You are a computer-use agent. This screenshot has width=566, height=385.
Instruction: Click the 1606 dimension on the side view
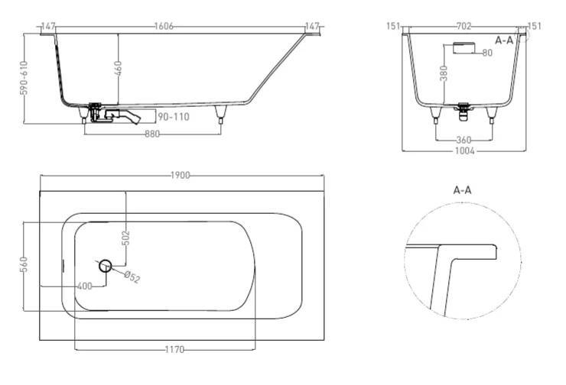164,26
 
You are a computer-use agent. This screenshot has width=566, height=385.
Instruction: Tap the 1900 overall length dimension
180,175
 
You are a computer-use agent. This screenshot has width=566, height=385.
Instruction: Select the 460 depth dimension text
118,69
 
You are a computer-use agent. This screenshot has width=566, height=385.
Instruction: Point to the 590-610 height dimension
24,78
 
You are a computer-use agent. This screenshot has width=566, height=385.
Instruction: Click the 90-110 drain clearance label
174,117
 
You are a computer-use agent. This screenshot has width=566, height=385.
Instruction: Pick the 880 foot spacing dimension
152,134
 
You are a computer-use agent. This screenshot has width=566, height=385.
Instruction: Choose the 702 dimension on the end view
464,26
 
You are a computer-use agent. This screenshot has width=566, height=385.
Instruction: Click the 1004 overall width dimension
464,150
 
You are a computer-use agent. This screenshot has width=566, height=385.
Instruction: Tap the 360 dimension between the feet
464,140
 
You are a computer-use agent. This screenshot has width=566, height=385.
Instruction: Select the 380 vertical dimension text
444,73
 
